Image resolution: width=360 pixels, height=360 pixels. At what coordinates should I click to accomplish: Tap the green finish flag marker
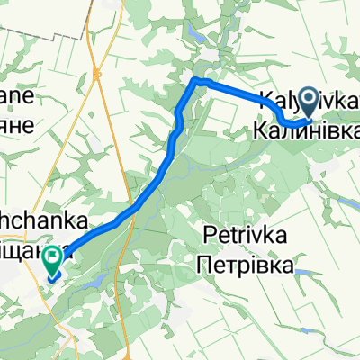(x=53, y=260)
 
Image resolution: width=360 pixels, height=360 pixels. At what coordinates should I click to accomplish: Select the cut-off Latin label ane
(x=16, y=97)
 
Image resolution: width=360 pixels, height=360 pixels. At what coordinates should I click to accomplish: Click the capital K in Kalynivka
(x=267, y=101)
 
